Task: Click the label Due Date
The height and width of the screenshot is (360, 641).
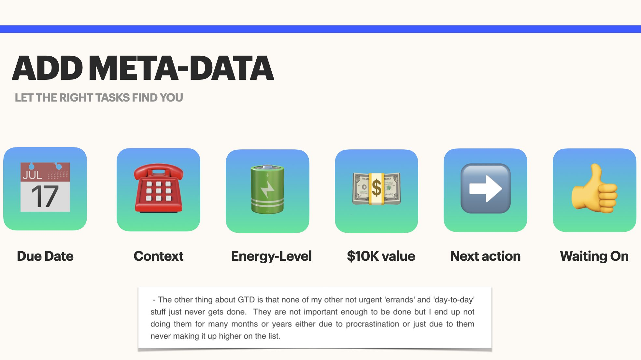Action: click(x=45, y=256)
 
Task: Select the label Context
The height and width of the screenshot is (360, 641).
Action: click(x=159, y=256)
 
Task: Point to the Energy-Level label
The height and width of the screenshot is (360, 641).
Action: click(x=271, y=256)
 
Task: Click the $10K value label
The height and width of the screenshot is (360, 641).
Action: click(x=381, y=256)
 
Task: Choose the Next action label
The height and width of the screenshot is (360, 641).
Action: click(x=485, y=256)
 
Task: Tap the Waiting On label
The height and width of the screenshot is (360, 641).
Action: click(x=594, y=256)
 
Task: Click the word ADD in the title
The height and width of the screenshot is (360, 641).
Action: click(x=48, y=68)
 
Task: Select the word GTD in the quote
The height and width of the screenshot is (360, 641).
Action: click(x=246, y=300)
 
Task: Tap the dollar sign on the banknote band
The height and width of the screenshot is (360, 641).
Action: click(x=377, y=188)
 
